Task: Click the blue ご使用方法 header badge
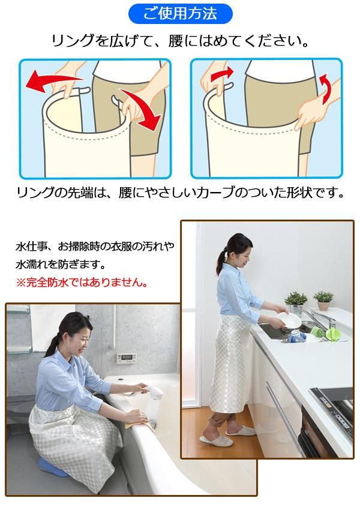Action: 180,14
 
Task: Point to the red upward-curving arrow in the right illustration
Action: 326,88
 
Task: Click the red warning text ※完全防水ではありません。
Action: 82,283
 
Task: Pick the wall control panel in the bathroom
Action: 126,358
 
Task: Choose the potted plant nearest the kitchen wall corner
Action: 323,301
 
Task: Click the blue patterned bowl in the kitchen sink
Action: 296,337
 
